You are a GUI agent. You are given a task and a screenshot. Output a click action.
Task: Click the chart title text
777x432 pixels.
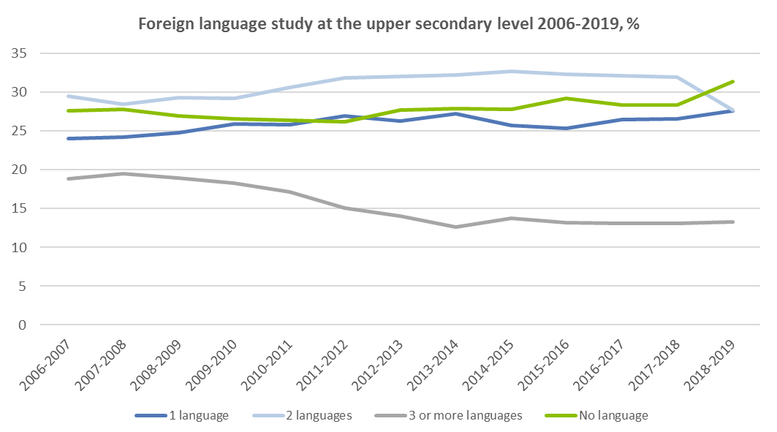pyautogui.click(x=389, y=23)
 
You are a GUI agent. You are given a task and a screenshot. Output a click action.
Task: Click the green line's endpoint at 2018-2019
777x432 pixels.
pyautogui.click(x=733, y=81)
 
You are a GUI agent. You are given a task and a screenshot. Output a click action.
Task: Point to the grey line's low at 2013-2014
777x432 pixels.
pyautogui.click(x=456, y=227)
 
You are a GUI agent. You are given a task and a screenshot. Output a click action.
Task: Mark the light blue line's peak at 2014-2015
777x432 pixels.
pyautogui.click(x=512, y=71)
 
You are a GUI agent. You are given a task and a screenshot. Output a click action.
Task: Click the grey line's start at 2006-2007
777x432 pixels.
pyautogui.click(x=68, y=178)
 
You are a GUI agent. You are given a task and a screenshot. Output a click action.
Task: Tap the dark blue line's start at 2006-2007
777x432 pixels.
pyautogui.click(x=68, y=138)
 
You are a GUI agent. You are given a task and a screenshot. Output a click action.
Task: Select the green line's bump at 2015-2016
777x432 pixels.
pyautogui.click(x=567, y=98)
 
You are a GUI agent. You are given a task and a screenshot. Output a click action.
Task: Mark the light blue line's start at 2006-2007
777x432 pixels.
pyautogui.click(x=68, y=96)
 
